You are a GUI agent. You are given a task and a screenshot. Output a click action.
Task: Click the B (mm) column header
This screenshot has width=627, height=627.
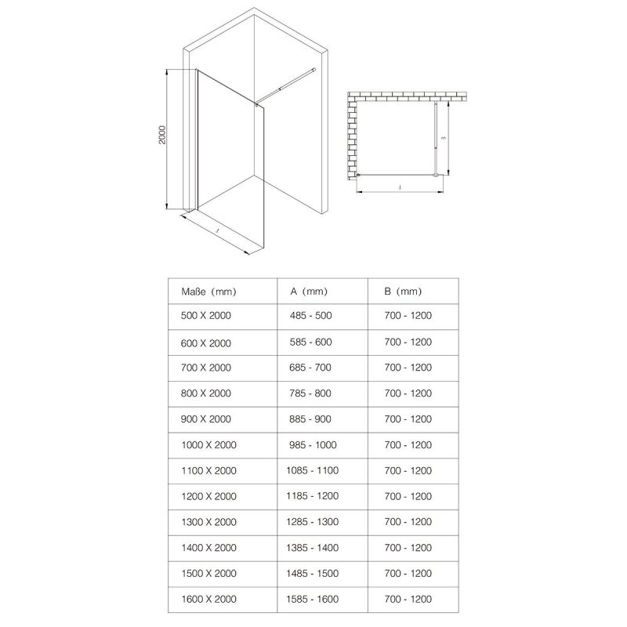tap(403, 292)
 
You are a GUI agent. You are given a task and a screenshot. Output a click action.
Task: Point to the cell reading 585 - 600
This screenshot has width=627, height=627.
tap(310, 342)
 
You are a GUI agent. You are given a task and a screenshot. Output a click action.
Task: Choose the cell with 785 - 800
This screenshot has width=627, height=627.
tap(310, 393)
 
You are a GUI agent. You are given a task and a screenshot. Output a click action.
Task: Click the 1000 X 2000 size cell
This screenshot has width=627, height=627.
tap(208, 444)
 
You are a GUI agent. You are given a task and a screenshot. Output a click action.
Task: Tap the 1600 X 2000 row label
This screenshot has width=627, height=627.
tap(208, 599)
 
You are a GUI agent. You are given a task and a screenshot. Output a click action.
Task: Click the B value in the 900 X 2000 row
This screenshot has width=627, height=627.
tap(408, 419)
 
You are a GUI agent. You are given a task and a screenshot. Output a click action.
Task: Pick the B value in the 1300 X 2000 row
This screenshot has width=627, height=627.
tap(408, 522)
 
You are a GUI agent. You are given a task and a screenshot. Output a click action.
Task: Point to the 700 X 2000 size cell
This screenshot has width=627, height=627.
tap(206, 368)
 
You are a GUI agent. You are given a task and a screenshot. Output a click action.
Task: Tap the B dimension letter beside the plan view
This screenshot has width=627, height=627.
tap(443, 138)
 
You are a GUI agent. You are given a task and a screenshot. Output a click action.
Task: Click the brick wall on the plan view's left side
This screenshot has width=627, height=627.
tap(353, 137)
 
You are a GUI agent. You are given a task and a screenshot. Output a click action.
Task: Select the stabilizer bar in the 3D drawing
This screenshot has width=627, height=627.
tap(287, 83)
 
